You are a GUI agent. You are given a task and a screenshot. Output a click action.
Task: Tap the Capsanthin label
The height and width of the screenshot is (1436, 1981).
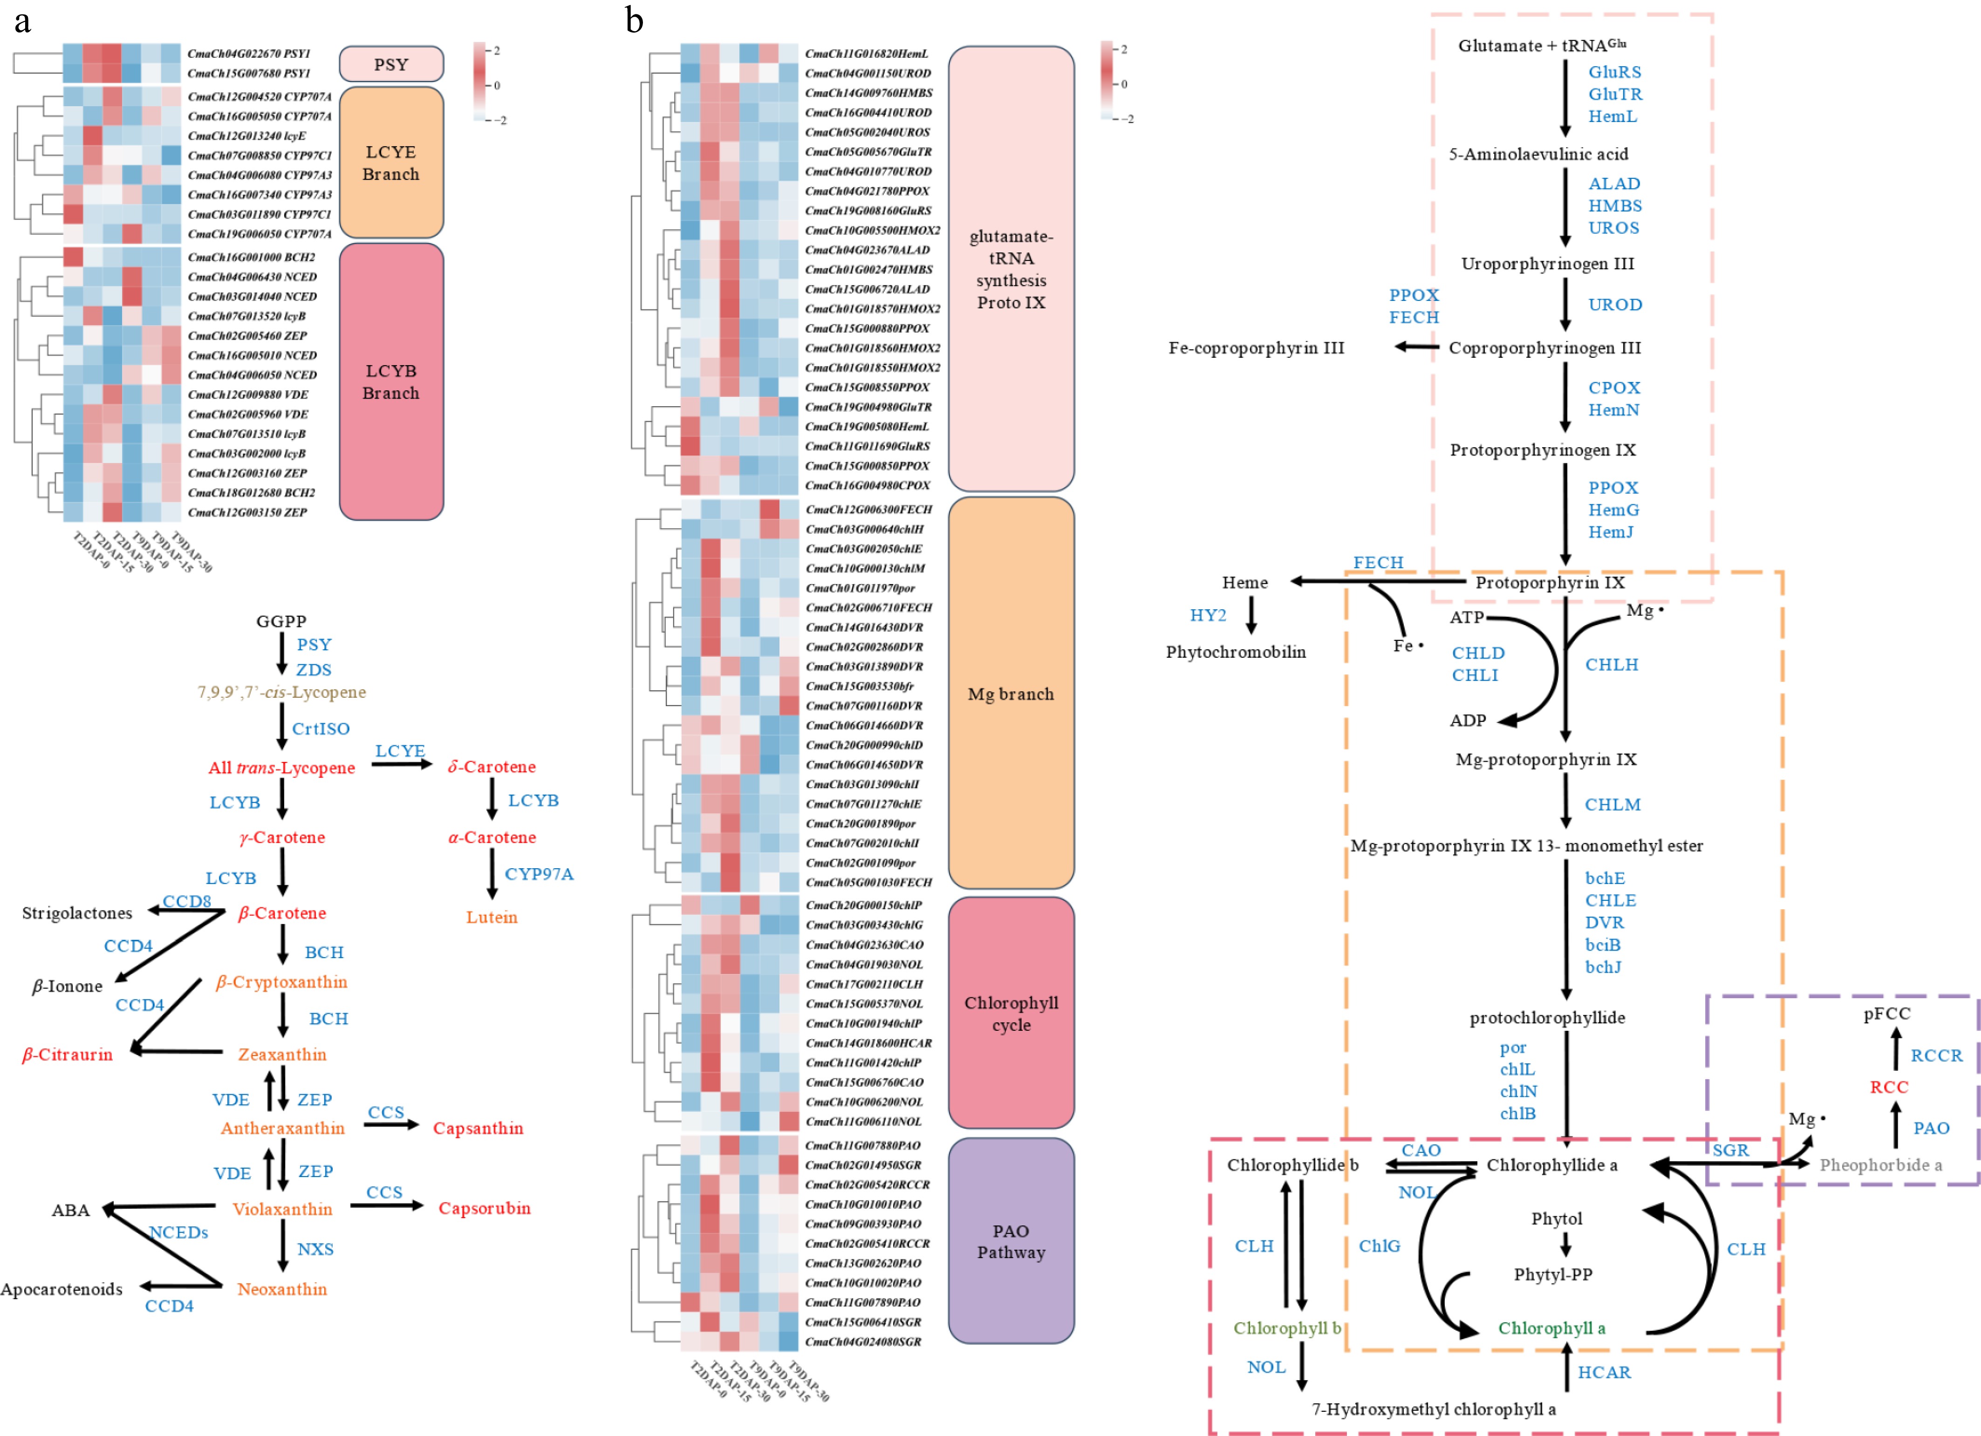(478, 1129)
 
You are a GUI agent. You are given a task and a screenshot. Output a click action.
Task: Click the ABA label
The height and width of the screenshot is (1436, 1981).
(71, 1210)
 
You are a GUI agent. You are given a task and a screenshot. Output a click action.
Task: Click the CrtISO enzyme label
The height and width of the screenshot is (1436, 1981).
(321, 728)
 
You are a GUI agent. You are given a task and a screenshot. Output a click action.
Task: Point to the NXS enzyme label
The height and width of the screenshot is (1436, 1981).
(315, 1249)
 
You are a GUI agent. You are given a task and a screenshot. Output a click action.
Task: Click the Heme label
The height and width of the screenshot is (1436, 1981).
(1245, 583)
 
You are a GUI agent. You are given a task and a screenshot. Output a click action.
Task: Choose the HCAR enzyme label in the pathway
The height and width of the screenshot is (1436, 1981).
(1604, 1372)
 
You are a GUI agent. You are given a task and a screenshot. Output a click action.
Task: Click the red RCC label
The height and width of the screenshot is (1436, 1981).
(1888, 1087)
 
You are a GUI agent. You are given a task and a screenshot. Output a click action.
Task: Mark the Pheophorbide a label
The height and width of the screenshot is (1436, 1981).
(1880, 1165)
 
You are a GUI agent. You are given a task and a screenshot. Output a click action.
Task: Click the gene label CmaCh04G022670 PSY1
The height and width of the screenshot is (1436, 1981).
(249, 53)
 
